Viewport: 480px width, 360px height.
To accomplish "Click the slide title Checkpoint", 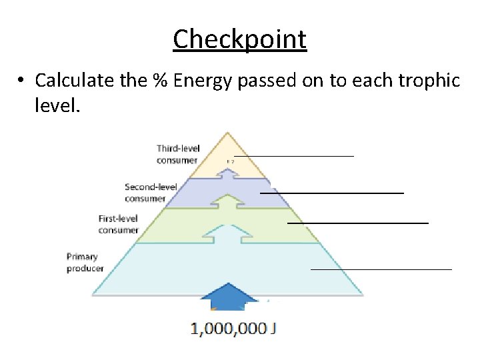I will coord(240,39).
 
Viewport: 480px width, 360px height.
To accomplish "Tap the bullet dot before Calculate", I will coord(23,81).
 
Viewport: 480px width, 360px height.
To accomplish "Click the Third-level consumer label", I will coord(178,154).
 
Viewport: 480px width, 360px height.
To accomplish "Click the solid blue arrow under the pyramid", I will coord(229,297).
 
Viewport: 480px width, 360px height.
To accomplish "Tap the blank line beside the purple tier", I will coord(331,192).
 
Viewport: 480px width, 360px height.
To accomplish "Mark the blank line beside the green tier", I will coord(357,222).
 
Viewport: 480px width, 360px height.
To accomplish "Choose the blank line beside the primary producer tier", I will coord(381,269).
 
